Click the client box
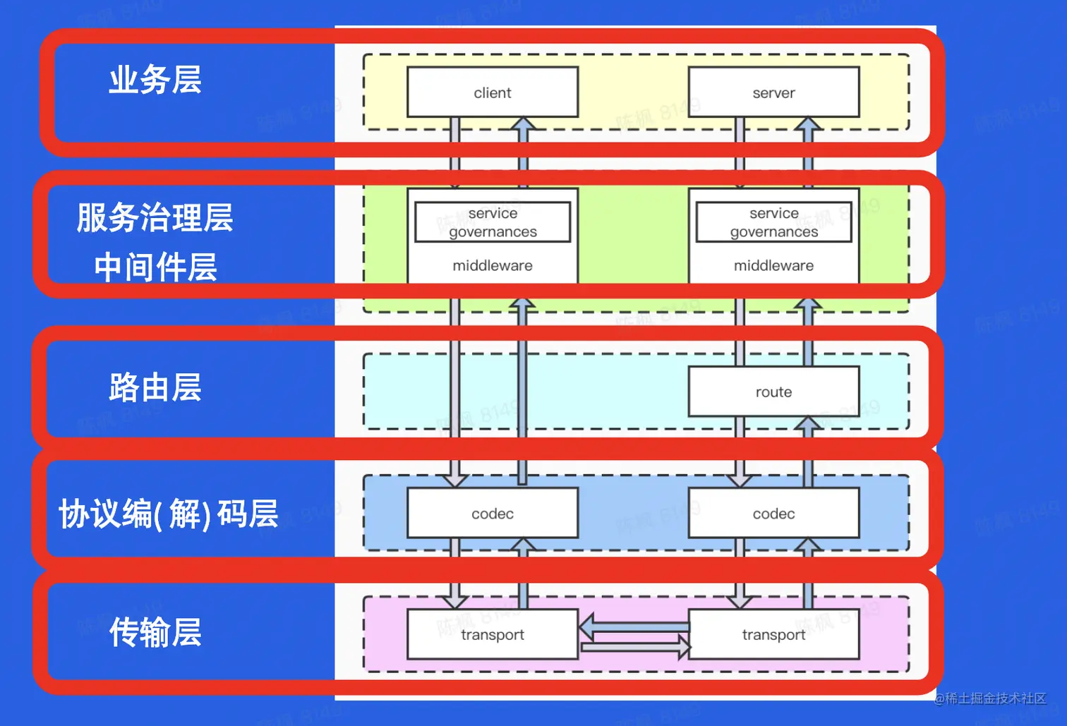(x=493, y=92)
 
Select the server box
(x=773, y=92)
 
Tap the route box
(x=773, y=392)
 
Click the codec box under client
(x=493, y=514)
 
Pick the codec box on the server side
(x=773, y=514)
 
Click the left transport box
(x=493, y=634)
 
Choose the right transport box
(x=773, y=634)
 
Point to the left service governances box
(x=493, y=222)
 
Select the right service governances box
(x=773, y=222)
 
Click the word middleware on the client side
(x=493, y=265)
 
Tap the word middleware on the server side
(x=773, y=265)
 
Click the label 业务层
(x=155, y=80)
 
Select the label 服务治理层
(x=155, y=217)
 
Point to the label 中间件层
(x=155, y=267)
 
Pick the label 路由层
(x=155, y=387)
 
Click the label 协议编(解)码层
(x=168, y=514)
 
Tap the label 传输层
(x=155, y=632)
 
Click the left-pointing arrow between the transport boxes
(x=633, y=626)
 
